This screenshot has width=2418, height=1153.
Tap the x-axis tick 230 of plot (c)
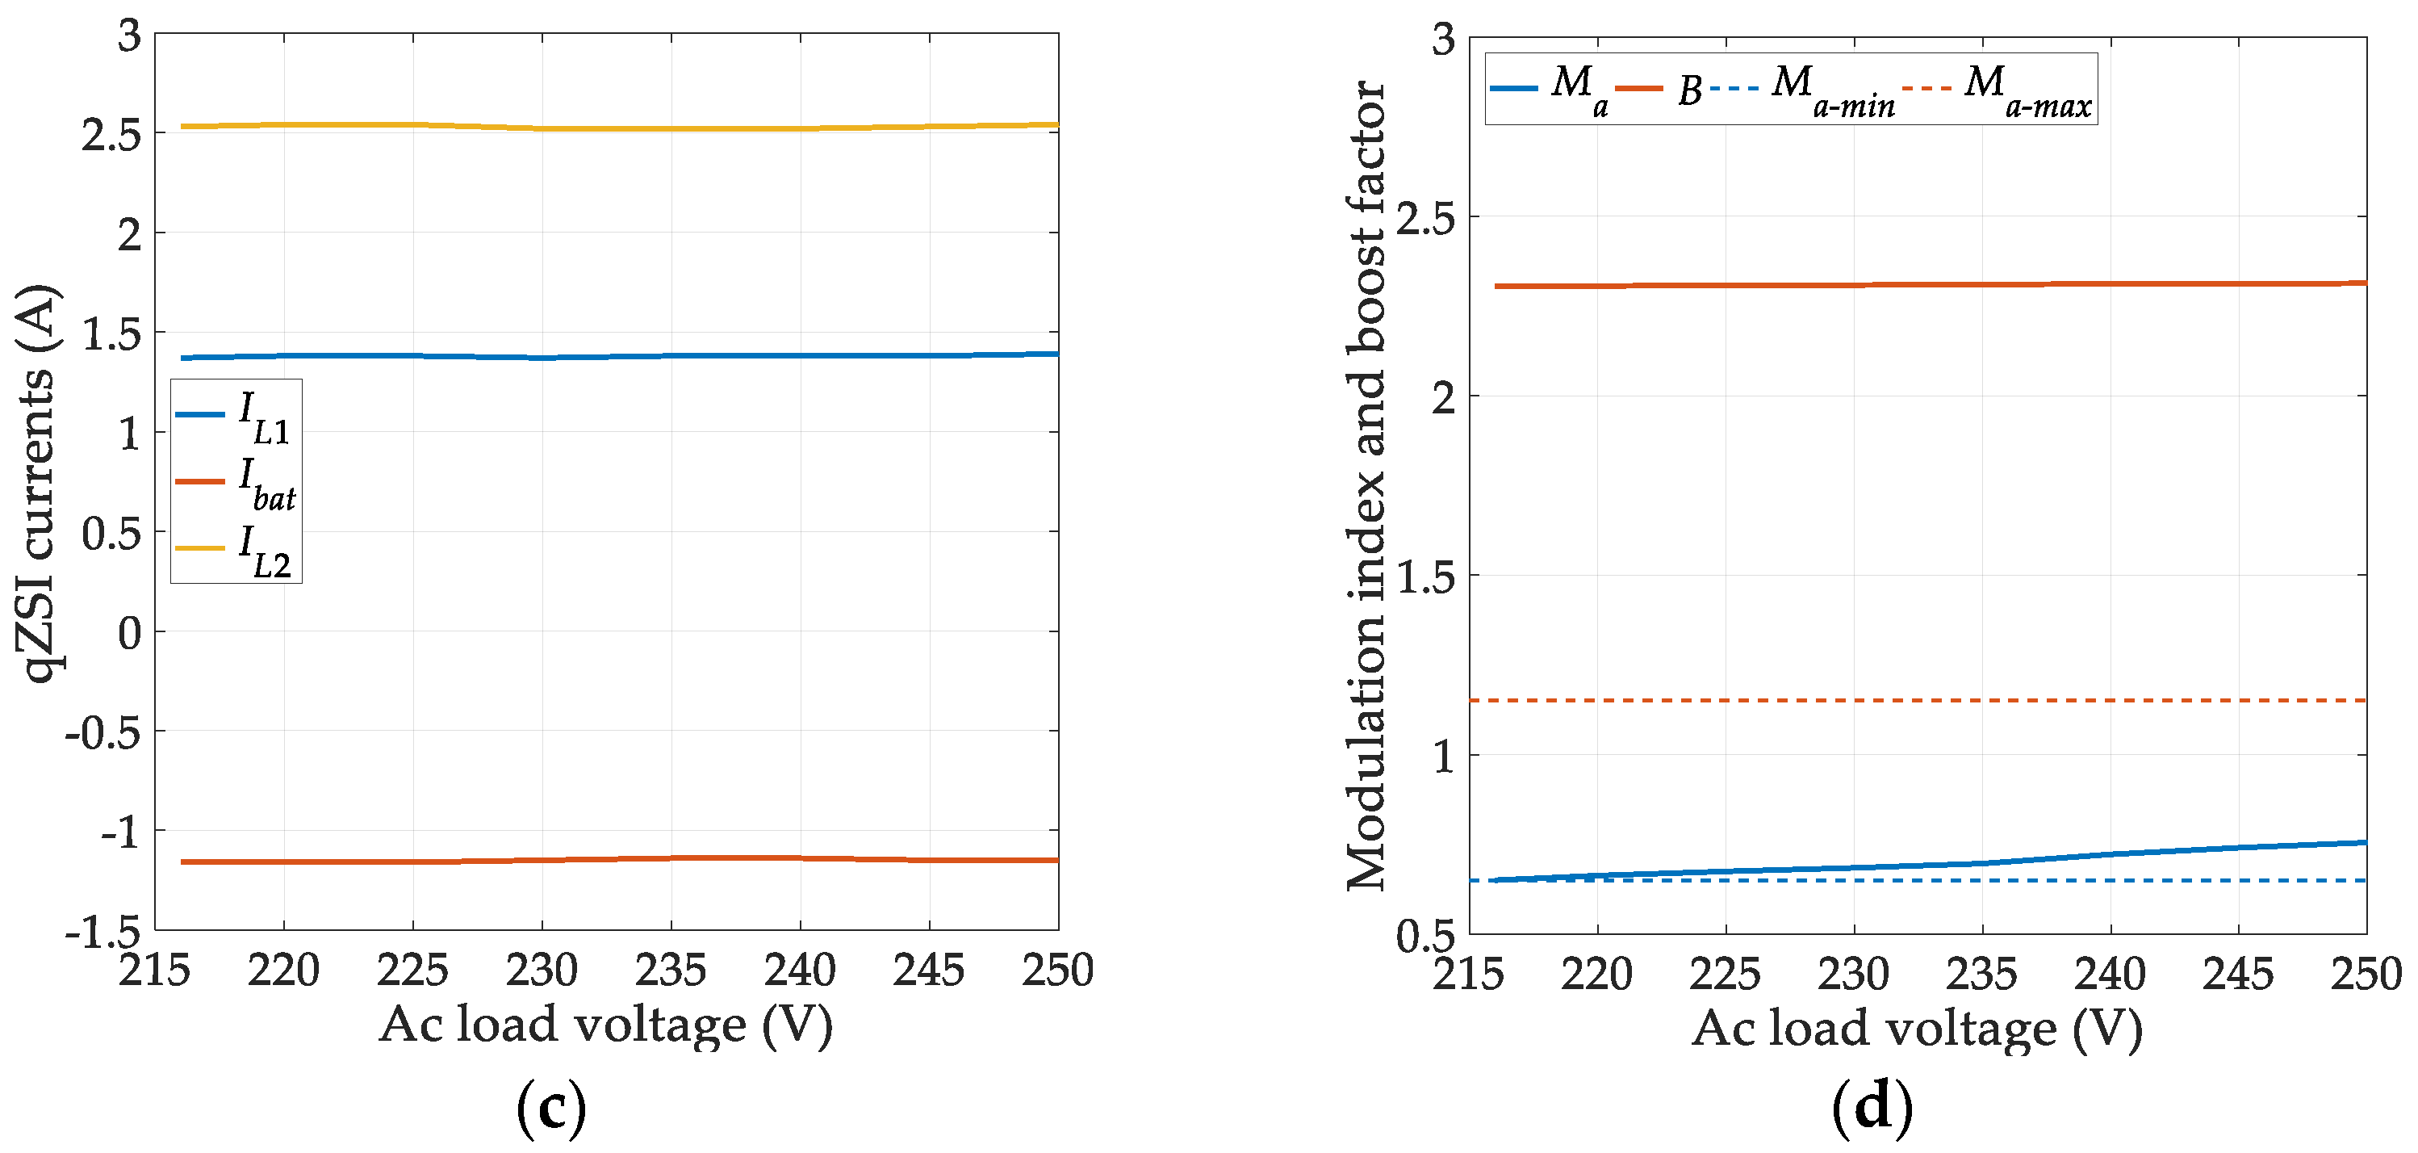pos(542,970)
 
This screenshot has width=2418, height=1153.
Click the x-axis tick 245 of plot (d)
pos(2239,974)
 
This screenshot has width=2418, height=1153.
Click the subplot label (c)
pos(552,1109)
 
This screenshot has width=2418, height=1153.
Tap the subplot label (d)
pos(1872,1109)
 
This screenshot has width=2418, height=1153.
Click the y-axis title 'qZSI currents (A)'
pos(38,484)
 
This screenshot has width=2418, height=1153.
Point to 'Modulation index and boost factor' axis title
pos(1366,484)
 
